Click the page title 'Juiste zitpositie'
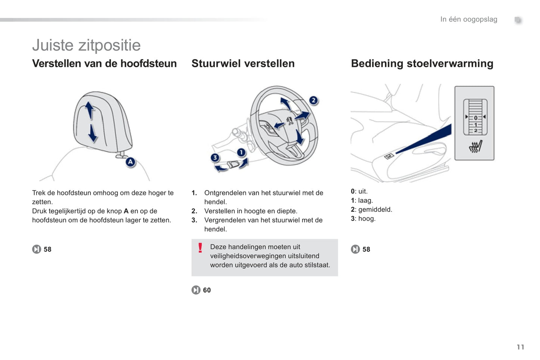coord(86,45)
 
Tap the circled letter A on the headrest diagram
coord(130,162)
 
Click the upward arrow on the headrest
coord(89,110)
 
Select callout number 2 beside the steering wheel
coord(314,100)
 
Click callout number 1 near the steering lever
coord(241,152)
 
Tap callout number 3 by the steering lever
coord(215,158)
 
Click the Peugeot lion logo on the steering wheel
coord(290,121)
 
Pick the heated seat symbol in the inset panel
coord(476,146)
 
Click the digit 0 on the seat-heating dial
coord(476,118)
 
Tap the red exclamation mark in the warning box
coord(200,248)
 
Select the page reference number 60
coord(207,290)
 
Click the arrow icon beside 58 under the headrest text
coord(37,249)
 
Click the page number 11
coord(521,347)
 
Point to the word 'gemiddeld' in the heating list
coord(375,210)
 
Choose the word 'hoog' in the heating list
coord(367,219)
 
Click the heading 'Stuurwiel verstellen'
coord(243,63)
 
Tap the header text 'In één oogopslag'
coord(469,19)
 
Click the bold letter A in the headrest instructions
coord(126,211)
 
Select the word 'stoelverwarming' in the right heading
coord(450,63)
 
